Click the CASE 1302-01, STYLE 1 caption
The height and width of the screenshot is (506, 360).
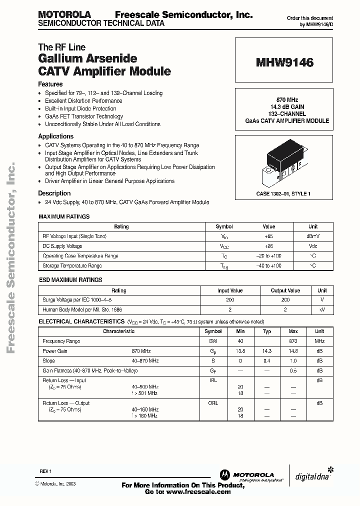pos(283,193)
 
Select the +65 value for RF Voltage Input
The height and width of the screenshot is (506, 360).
pos(268,236)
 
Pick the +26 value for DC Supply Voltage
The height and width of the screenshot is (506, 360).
pos(268,246)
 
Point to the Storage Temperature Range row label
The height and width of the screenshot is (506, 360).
pos(72,266)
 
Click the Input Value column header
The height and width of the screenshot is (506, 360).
pos(230,290)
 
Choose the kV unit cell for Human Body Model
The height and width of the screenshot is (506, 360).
pos(322,310)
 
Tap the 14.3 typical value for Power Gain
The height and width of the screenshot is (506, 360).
pos(267,351)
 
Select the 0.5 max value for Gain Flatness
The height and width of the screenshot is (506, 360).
pos(293,370)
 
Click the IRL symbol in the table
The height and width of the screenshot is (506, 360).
pos(213,380)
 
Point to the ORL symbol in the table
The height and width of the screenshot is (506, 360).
pos(213,403)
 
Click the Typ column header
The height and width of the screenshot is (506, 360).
pos(267,331)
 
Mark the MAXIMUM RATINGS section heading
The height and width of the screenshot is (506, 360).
pos(64,216)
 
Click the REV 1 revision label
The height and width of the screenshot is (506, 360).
pos(45,471)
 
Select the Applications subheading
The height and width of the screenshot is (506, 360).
pos(56,136)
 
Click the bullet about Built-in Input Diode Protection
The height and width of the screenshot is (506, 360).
pos(80,108)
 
